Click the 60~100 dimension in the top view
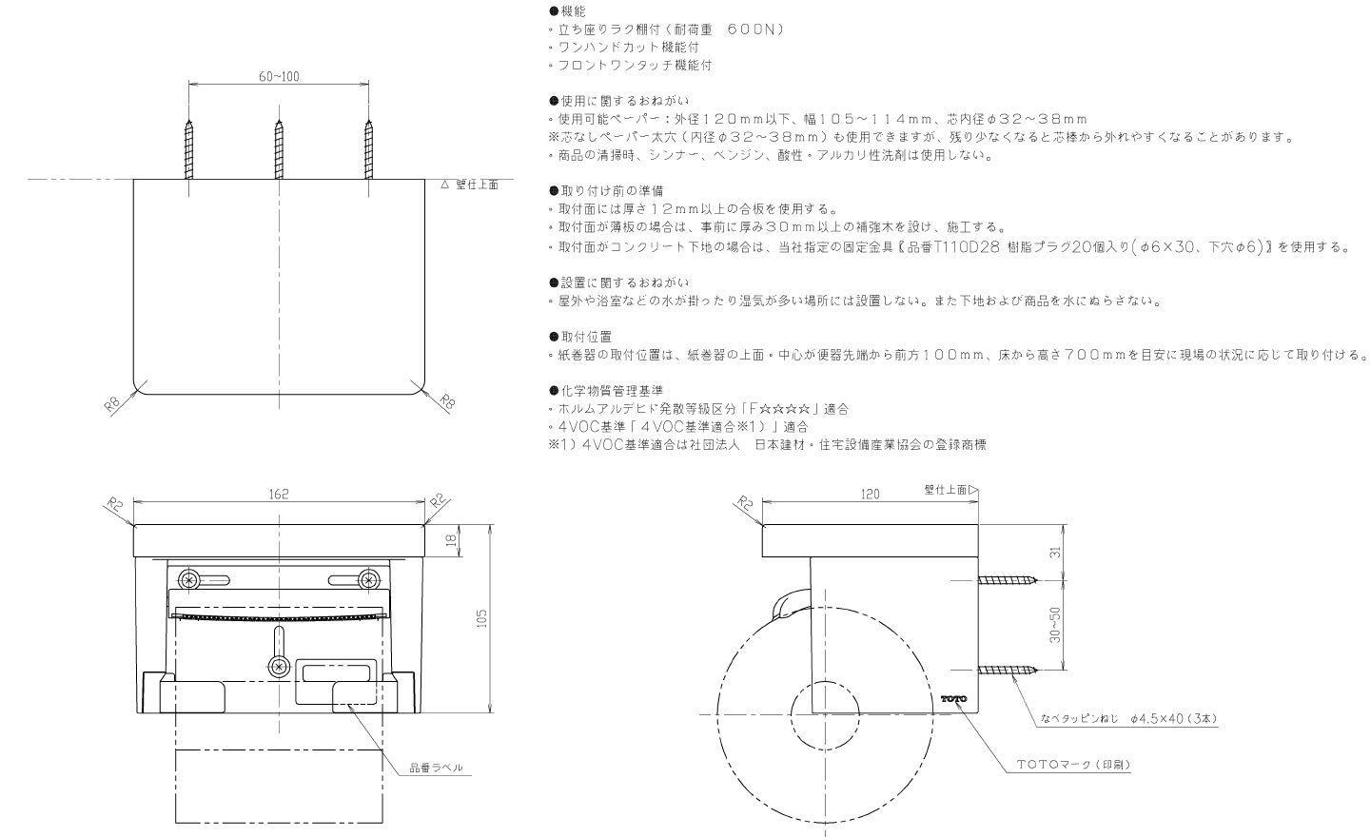tap(279, 76)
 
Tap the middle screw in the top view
tap(279, 149)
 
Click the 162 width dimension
tap(279, 494)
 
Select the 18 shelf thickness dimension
tap(452, 540)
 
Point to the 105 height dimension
tap(481, 618)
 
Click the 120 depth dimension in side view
tap(870, 494)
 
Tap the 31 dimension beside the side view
tap(1054, 552)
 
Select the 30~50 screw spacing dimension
tap(1054, 625)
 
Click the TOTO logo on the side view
tap(953, 699)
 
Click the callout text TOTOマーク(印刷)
tap(1073, 764)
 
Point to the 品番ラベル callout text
tap(436, 768)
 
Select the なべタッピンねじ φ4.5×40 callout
tap(1129, 718)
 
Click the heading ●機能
tap(567, 11)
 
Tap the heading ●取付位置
tap(580, 337)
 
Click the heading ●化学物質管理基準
tap(606, 390)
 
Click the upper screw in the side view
tap(1008, 579)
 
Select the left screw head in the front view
tap(189, 579)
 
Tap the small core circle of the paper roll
tap(825, 714)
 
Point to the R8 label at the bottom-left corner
tap(111, 405)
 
